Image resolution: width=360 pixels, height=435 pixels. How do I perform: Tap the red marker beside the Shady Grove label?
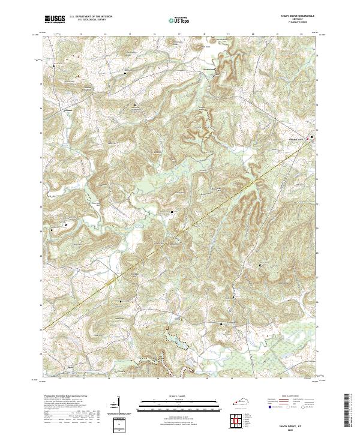click(x=311, y=138)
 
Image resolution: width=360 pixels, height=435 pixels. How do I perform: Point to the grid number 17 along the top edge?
click(x=179, y=35)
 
